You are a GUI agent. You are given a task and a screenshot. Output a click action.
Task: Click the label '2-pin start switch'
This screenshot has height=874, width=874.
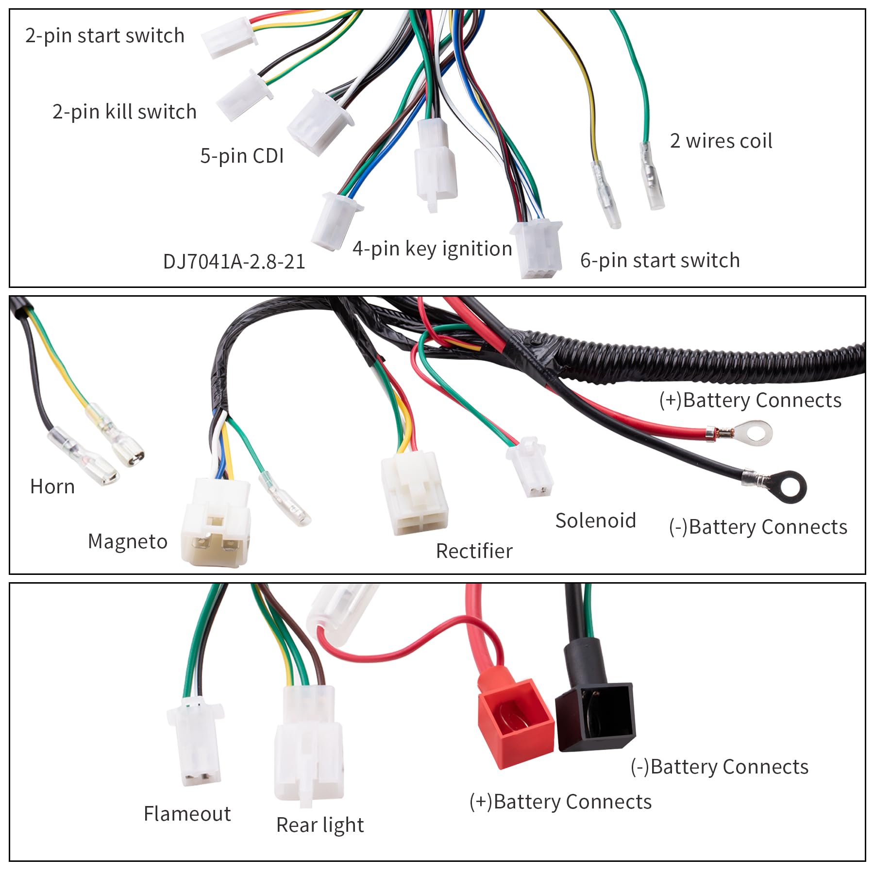point(105,36)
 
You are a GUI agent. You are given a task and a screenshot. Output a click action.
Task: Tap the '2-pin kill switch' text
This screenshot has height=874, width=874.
point(124,112)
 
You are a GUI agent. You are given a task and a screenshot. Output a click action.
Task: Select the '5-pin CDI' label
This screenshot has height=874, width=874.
point(242,156)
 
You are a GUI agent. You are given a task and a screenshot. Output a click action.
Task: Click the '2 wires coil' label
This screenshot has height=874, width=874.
point(721,141)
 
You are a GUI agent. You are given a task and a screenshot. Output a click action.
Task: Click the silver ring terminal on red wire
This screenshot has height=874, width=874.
point(753,432)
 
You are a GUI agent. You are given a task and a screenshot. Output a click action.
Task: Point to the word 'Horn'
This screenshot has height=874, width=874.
point(52,487)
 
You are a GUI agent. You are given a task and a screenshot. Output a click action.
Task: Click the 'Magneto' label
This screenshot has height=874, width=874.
point(128,542)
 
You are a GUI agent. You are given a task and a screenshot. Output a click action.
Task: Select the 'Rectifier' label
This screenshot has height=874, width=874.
point(474,551)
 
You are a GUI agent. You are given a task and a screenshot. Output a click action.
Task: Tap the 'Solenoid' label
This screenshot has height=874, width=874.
point(595,521)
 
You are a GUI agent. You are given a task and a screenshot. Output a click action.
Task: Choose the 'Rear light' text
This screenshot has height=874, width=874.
point(320,825)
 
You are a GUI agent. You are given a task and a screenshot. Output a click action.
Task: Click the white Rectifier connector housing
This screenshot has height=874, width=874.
point(414,493)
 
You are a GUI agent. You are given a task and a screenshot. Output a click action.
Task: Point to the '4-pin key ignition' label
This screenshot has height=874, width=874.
point(432,249)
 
